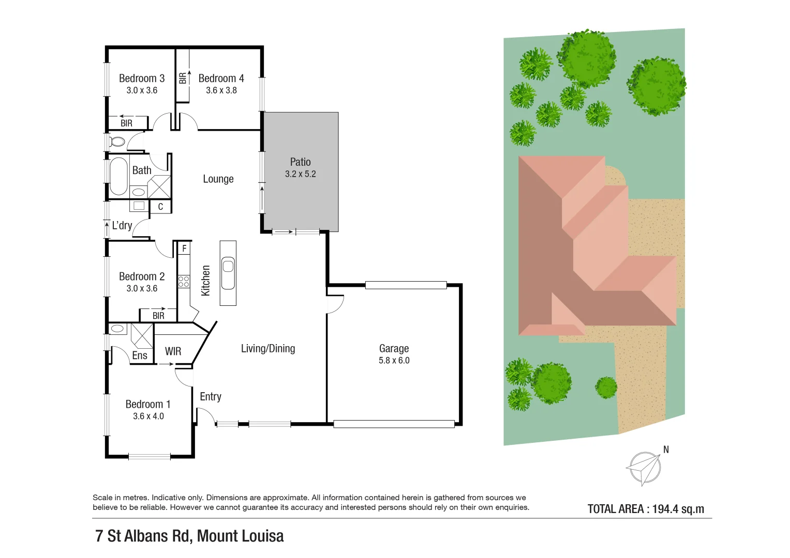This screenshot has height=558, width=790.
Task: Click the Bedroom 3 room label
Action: (141, 79)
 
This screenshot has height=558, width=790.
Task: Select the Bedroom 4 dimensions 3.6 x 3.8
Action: (221, 90)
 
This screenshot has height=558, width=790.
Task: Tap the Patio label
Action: (300, 162)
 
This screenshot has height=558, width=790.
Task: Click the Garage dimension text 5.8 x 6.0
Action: (394, 361)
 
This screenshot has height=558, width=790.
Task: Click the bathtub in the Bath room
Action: (118, 176)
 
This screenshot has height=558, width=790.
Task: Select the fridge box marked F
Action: (184, 249)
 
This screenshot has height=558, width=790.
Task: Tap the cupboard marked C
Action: (160, 207)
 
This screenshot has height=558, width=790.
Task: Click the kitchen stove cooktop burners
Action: (184, 282)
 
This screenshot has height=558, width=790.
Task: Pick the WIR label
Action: (173, 351)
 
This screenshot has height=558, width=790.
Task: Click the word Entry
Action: (211, 397)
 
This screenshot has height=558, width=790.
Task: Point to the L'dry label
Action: (122, 225)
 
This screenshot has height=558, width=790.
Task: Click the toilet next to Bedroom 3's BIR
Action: (117, 142)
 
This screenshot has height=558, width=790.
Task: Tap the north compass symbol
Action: (645, 468)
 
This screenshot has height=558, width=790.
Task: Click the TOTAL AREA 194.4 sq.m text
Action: (646, 509)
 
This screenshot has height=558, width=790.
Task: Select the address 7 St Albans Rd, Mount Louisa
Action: (189, 536)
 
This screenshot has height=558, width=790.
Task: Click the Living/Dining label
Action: (268, 349)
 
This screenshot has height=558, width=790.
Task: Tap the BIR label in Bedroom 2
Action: (158, 316)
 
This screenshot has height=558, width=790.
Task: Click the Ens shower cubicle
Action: (142, 335)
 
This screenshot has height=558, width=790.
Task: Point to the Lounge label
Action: (218, 179)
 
